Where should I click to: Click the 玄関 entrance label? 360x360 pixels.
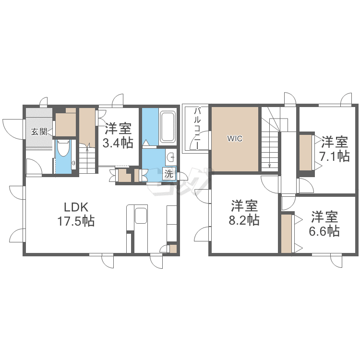[39, 132]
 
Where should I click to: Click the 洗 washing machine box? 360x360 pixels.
[168, 174]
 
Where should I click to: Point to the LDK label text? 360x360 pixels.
[76, 207]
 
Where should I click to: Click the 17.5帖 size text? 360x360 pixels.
[76, 221]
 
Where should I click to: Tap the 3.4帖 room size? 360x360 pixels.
[118, 143]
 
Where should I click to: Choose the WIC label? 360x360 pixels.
[235, 139]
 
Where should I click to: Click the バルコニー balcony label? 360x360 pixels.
[197, 129]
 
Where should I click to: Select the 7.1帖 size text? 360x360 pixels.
[334, 156]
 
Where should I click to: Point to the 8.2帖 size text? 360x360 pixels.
[244, 220]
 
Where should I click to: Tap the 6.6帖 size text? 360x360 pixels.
[324, 231]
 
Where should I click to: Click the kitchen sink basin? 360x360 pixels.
[141, 216]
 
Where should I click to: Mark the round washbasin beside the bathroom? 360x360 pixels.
[171, 157]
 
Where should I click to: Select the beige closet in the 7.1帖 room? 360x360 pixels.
[305, 153]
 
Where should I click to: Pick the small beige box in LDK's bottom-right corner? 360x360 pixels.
[173, 249]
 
